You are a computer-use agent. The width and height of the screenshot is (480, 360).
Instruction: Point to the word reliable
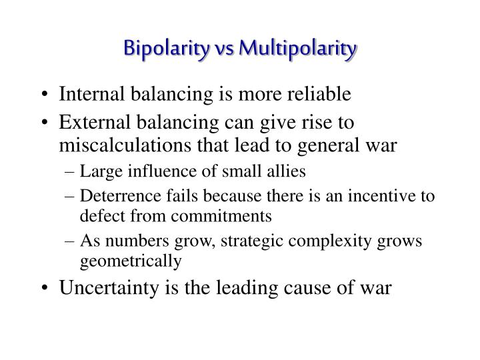(316, 95)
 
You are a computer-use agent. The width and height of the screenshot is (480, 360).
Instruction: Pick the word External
(91, 123)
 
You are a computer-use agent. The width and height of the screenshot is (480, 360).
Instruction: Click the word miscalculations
(121, 145)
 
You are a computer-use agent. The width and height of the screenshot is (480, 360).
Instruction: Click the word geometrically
(131, 261)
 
